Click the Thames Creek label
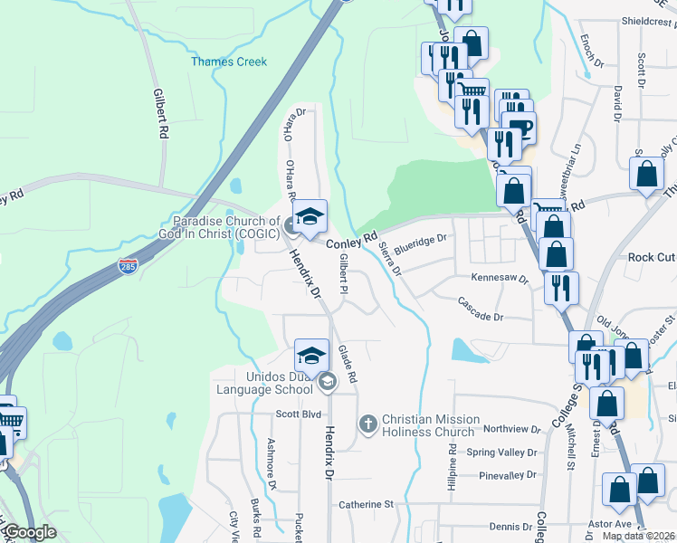point(229,62)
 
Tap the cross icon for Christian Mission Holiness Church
point(367,423)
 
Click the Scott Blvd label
point(299,414)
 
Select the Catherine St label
point(366,504)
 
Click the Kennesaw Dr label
point(499,279)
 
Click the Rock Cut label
point(652,257)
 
